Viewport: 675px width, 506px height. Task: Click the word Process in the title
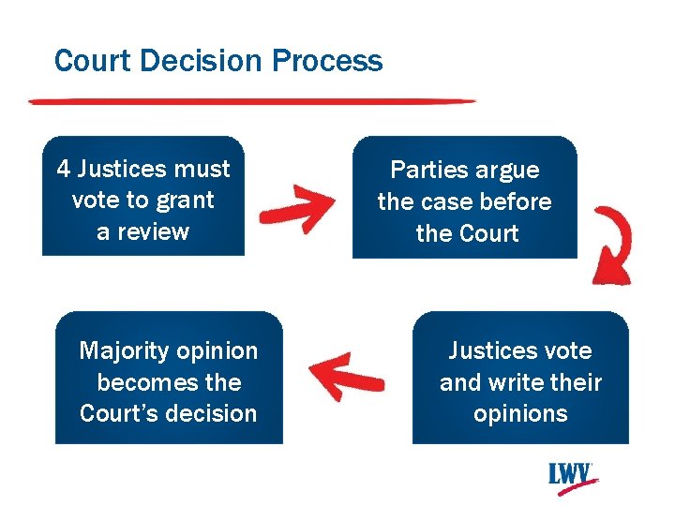click(327, 61)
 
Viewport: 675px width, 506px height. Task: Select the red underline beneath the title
click(251, 100)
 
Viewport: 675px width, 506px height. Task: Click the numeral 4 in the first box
click(64, 169)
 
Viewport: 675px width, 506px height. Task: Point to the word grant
click(186, 201)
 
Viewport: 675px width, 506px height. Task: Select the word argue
click(506, 170)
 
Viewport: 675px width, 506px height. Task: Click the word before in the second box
click(516, 201)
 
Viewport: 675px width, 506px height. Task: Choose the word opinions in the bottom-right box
click(520, 414)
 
